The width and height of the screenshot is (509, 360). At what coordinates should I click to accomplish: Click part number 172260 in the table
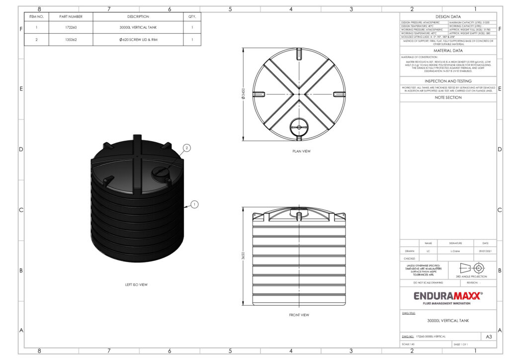pos(71,28)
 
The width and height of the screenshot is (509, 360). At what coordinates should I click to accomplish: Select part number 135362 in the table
pos(71,40)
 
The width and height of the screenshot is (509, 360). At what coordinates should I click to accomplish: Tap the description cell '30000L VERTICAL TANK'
pos(138,28)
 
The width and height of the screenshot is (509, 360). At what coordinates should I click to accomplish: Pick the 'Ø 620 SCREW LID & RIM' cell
pos(138,40)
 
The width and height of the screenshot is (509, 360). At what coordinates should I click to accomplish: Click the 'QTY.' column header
pos(192,16)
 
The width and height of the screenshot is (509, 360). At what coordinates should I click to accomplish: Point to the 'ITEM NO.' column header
pos(37,16)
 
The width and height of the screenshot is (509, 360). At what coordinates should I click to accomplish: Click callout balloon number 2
pos(187,148)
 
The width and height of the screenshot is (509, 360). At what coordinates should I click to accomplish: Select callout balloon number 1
pos(194,204)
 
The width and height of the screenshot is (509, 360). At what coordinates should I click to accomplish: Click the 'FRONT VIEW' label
pos(299,315)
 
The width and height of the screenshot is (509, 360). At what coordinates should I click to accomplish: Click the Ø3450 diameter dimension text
pos(243,94)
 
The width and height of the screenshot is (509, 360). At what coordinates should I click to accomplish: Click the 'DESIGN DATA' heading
pos(448,16)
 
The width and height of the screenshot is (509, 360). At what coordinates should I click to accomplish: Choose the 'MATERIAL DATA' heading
pos(448,51)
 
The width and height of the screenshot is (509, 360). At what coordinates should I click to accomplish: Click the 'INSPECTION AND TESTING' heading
pos(448,81)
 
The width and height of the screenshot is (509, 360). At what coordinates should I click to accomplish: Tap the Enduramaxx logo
pos(448,297)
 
